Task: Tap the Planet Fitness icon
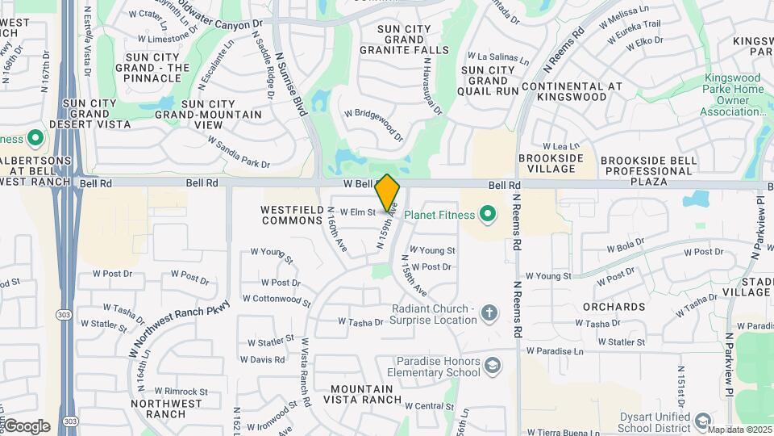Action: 487,214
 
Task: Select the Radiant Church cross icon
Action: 489,312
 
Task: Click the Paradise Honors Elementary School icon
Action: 492,367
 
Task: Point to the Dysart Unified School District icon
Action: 702,421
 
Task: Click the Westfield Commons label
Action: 292,214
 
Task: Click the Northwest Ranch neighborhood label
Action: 168,409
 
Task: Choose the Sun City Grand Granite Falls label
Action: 413,40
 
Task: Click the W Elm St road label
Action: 358,212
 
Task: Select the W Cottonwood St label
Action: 281,300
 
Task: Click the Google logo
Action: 27,426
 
